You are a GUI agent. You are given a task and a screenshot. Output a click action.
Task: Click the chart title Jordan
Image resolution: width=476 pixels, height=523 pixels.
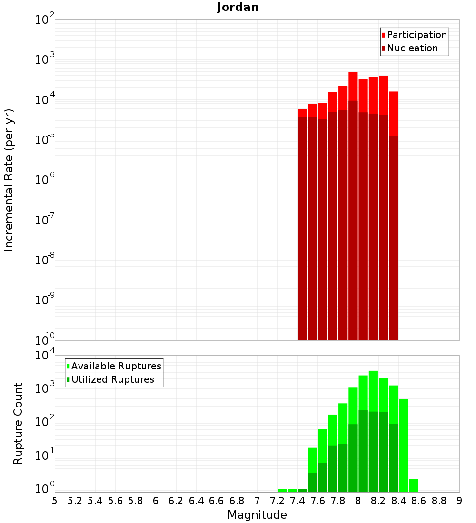click(x=238, y=7)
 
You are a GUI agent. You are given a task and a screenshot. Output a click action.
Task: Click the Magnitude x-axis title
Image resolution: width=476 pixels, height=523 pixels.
click(x=257, y=515)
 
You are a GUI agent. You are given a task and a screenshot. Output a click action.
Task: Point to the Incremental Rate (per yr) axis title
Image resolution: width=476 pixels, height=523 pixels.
click(x=9, y=180)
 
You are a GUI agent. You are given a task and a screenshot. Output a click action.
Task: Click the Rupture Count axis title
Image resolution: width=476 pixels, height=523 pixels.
click(x=18, y=423)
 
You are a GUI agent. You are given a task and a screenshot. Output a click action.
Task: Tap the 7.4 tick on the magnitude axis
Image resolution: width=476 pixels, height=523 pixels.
click(x=297, y=501)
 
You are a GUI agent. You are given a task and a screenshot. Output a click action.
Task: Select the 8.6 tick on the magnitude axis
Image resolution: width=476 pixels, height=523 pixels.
click(x=419, y=501)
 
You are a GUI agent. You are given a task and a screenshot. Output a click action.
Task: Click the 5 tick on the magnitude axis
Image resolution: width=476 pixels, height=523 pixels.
click(x=55, y=501)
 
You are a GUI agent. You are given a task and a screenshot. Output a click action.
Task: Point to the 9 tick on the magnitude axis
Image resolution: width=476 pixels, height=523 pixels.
click(x=459, y=501)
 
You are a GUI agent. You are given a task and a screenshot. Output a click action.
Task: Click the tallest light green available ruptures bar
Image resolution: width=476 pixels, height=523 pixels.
click(x=373, y=390)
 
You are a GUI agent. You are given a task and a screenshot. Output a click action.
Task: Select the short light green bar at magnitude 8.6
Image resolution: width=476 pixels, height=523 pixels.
click(x=414, y=485)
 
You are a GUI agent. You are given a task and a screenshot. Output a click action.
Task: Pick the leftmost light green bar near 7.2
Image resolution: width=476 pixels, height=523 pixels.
click(x=282, y=490)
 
